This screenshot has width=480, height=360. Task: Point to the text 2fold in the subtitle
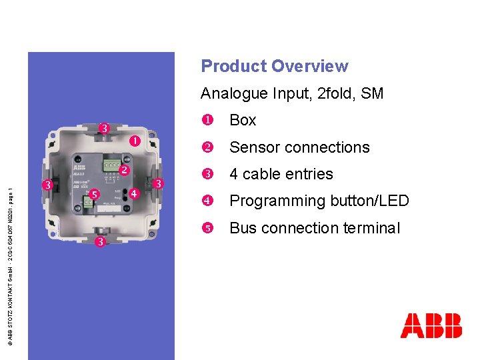pyautogui.click(x=336, y=93)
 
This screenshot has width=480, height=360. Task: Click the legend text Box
pyautogui.click(x=243, y=121)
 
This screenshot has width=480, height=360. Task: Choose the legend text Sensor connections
pyautogui.click(x=299, y=147)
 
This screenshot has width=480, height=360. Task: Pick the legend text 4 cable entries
pyautogui.click(x=281, y=174)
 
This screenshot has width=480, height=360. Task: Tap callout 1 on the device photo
pyautogui.click(x=135, y=141)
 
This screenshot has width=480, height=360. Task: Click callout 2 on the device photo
pyautogui.click(x=124, y=170)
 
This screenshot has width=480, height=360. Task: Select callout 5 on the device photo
pyautogui.click(x=95, y=195)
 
